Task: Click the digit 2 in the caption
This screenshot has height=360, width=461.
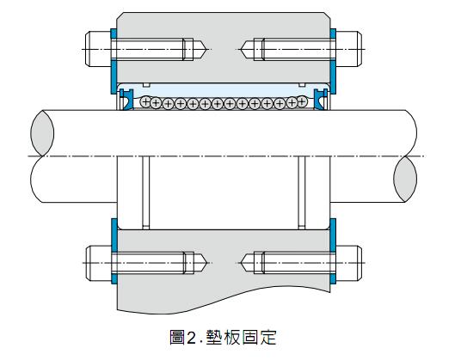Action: coord(191,338)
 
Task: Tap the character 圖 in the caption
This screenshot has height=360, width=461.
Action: coord(177,338)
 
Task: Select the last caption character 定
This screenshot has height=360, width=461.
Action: coord(268,338)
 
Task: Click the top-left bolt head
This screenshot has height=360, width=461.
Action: coord(98,49)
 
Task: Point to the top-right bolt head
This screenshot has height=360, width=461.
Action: coord(349,49)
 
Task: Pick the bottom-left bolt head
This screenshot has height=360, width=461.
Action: coord(98,263)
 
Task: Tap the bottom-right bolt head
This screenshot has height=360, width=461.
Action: coord(349,263)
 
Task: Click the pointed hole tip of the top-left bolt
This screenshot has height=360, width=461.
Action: coord(207,49)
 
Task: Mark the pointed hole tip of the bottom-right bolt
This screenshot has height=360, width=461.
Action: coord(241,263)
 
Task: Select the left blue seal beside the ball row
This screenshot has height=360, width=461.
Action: coord(126,100)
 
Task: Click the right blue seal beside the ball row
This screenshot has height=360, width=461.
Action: coord(321,100)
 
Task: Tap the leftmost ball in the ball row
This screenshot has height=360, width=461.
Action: coord(145,102)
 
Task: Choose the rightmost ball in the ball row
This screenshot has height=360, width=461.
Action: coord(302,101)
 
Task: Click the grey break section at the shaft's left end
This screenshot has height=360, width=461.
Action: coord(42,133)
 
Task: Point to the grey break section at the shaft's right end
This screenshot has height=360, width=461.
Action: coord(405,179)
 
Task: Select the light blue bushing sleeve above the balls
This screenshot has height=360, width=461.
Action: coord(224,89)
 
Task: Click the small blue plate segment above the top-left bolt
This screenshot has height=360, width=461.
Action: coord(114,34)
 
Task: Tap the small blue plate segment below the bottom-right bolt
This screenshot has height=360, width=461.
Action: coord(333,278)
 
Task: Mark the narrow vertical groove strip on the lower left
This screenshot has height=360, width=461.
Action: coord(146,192)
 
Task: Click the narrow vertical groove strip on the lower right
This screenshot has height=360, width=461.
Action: coord(302,192)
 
